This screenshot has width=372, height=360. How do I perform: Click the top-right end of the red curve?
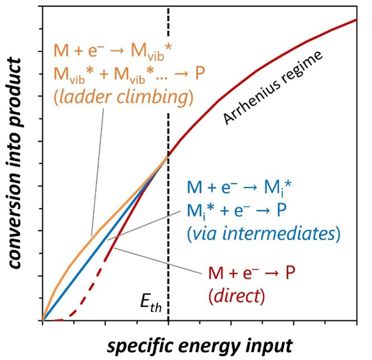point(355,20)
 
